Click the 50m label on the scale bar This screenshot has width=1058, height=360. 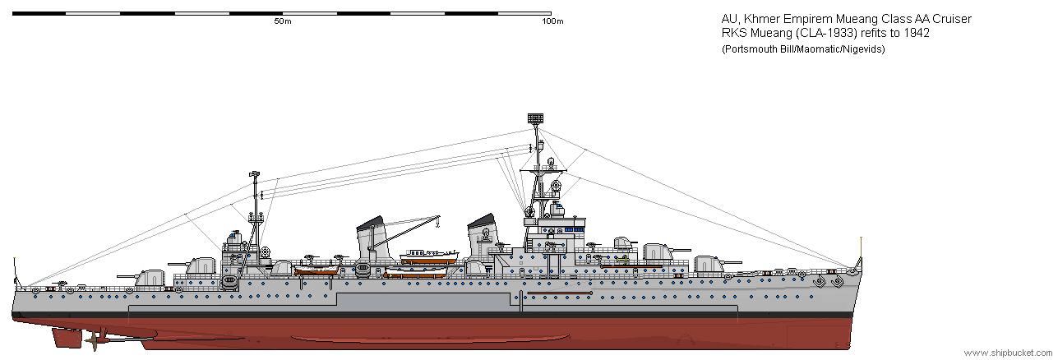(x=283, y=21)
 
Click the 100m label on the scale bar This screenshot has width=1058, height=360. (x=552, y=21)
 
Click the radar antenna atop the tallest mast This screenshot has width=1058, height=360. (x=537, y=120)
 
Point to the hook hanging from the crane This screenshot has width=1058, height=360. (x=438, y=223)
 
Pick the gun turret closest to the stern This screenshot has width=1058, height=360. (x=150, y=277)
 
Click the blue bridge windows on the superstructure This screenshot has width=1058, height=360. (x=568, y=230)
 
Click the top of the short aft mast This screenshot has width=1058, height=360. (x=255, y=174)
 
